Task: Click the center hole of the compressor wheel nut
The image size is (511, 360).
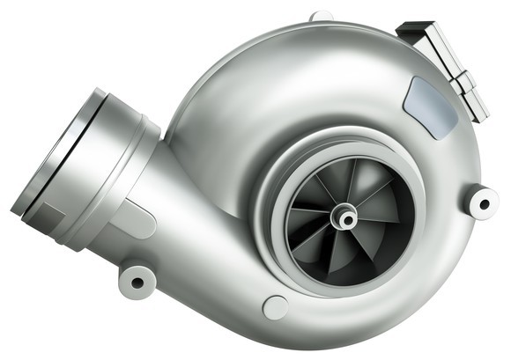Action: (344, 216)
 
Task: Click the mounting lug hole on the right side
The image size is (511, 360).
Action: (483, 203)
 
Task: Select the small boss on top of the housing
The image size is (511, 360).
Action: (322, 16)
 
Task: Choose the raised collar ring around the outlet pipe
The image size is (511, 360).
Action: (123, 167)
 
